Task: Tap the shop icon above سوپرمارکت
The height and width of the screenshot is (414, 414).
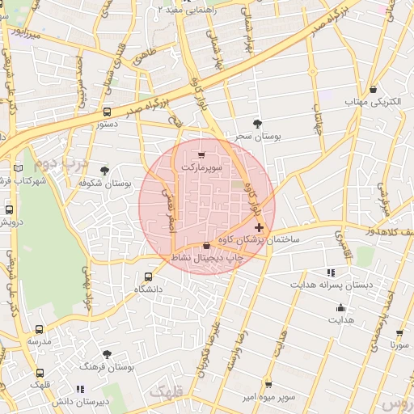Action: [201, 154]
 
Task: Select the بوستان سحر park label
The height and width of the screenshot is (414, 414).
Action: [258, 137]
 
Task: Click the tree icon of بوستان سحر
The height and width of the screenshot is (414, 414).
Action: [257, 124]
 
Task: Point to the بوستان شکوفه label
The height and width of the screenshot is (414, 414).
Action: [105, 184]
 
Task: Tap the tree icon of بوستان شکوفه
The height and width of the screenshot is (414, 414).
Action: [104, 170]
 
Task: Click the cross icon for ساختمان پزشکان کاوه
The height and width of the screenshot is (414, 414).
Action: [258, 229]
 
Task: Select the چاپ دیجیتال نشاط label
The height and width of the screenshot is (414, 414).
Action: [207, 257]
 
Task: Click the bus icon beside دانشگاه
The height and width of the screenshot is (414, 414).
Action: [147, 276]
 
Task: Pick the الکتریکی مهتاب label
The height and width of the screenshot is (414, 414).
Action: [369, 103]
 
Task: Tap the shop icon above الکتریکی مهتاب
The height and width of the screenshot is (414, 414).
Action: [373, 89]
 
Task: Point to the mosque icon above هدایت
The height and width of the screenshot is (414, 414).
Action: [340, 307]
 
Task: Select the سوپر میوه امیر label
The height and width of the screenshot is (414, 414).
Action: [268, 397]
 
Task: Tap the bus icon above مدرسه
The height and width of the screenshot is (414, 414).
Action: [40, 329]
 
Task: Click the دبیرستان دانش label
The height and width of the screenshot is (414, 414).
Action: [80, 402]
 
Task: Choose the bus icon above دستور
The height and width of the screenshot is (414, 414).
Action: [108, 112]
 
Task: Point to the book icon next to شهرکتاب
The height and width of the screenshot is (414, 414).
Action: [18, 168]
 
